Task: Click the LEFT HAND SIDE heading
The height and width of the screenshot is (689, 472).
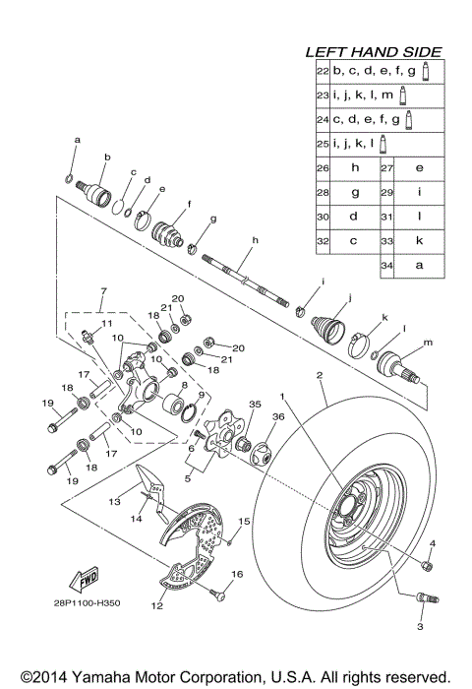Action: pyautogui.click(x=373, y=52)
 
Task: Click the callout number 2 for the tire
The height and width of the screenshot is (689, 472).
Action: pyautogui.click(x=321, y=376)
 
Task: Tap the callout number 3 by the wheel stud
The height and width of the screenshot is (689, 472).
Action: pyautogui.click(x=420, y=626)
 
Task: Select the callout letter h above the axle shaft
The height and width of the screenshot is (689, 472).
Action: pyautogui.click(x=254, y=241)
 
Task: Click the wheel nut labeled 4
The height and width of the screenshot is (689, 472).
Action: pyautogui.click(x=427, y=564)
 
